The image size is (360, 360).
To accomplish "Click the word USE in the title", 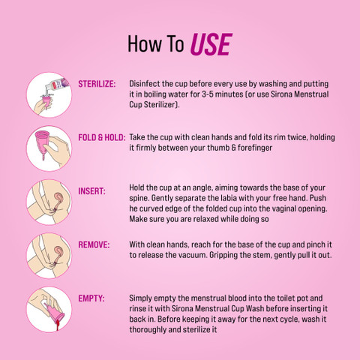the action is (211, 44).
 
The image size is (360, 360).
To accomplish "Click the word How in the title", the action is (144, 43).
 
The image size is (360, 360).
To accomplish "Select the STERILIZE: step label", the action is (97, 84).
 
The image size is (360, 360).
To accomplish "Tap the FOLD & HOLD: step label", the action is (102, 137).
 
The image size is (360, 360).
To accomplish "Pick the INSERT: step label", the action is (91, 191).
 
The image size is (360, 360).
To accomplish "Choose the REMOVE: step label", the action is (94, 244).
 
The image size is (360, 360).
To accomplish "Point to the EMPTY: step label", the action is (91, 298).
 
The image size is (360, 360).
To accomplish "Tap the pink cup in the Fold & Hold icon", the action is (43, 145).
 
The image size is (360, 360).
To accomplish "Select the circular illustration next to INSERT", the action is (49, 202).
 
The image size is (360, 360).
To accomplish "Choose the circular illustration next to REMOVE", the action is (49, 256).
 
